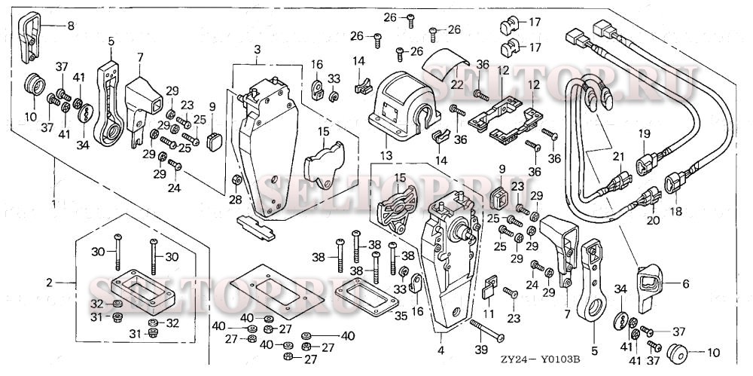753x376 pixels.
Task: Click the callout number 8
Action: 71,26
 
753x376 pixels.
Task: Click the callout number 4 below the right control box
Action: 441,350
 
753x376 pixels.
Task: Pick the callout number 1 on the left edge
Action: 53,203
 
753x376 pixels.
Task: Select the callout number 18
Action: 676,212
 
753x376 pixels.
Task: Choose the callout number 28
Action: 236,199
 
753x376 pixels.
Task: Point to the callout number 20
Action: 653,220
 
